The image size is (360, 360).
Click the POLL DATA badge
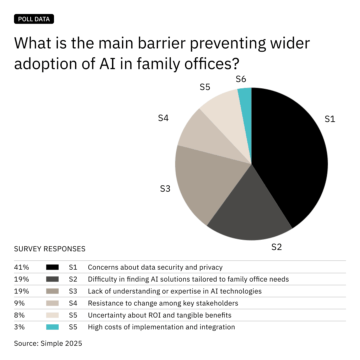pos(34,19)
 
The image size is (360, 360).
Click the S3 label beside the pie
pos(165,189)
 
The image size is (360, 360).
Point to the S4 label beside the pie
pos(163,118)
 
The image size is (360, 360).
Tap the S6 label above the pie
pos(241,79)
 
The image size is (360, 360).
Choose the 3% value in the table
pos(19,327)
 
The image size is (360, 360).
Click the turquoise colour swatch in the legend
pos(52,327)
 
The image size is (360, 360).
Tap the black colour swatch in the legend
pos(52,267)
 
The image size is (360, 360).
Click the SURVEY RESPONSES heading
pos(50,249)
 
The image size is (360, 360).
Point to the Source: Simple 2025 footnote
pos(48,343)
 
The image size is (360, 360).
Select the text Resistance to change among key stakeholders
pos(163,303)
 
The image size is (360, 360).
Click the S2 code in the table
pos(73,279)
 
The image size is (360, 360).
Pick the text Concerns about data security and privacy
pos(155,267)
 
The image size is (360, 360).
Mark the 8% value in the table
pos(19,315)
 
